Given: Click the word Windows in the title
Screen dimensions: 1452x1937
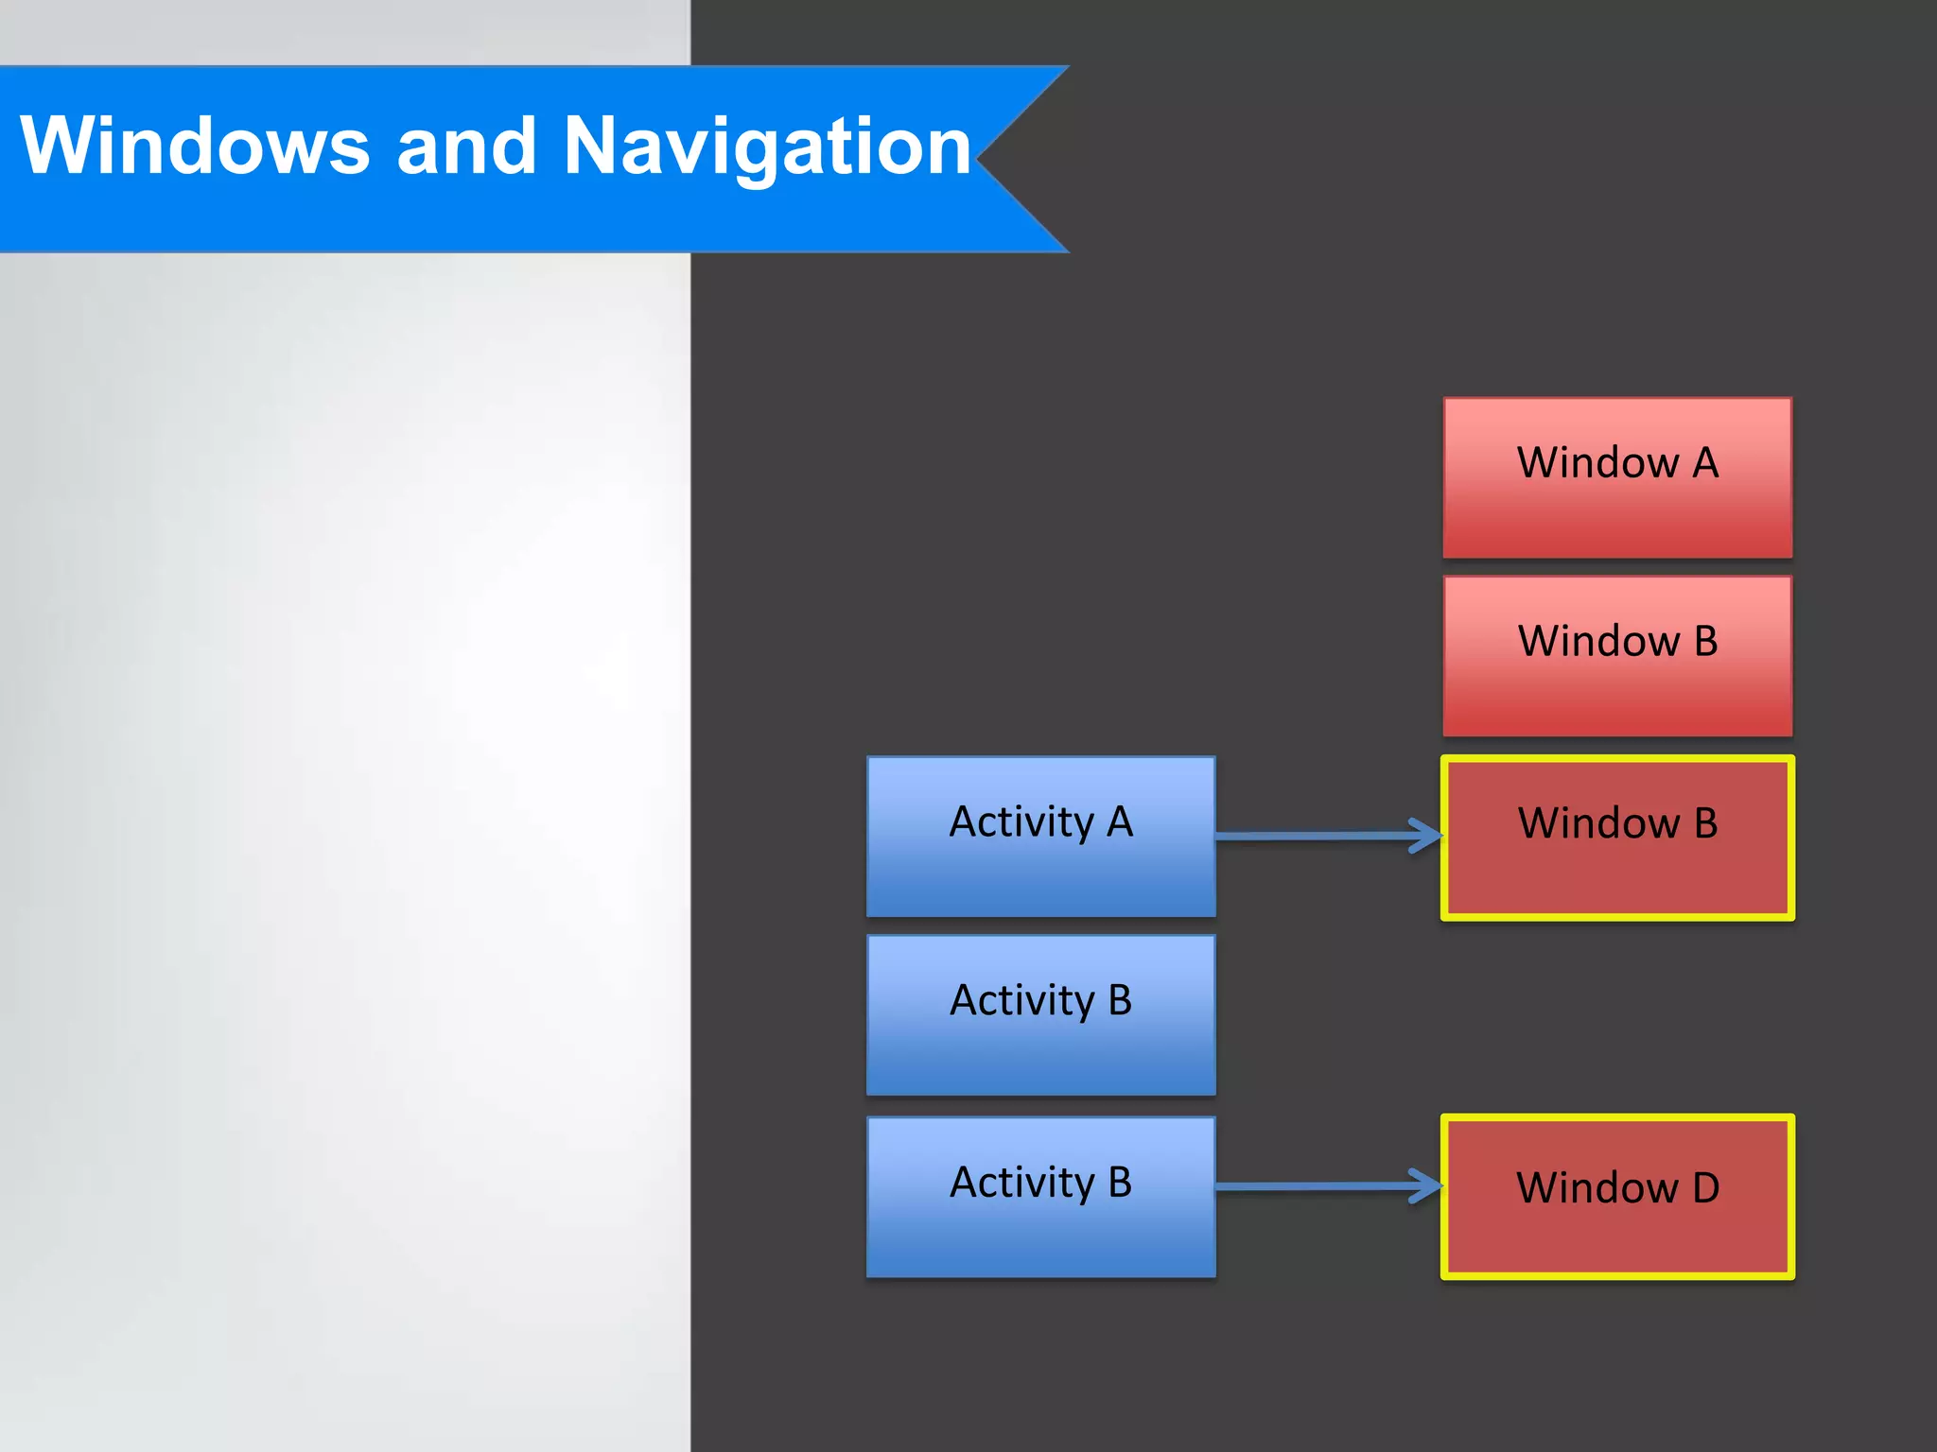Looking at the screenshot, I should (195, 146).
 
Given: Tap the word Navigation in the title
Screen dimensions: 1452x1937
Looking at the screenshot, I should (767, 147).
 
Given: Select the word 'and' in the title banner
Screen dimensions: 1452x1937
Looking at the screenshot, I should (466, 146).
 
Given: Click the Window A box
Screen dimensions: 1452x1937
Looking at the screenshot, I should (1617, 477).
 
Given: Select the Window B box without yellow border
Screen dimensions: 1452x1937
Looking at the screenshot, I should (1617, 656).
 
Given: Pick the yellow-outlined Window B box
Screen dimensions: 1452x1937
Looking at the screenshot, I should (1617, 838).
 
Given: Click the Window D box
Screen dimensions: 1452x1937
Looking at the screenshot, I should (1617, 1197).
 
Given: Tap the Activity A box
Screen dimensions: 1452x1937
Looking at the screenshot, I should (1041, 837).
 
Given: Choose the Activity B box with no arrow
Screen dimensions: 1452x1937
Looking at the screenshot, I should (1041, 1015).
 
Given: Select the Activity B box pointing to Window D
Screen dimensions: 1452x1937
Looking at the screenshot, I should (1041, 1197).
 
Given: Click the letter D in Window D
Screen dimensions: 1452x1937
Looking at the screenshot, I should (1705, 1188).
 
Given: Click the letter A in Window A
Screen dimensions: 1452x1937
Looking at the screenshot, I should (1705, 463).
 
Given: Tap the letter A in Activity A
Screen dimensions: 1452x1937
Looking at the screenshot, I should (1120, 822).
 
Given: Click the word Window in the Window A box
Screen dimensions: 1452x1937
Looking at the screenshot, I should (1597, 463).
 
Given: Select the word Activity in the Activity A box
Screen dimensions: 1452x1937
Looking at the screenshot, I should (1021, 822).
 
